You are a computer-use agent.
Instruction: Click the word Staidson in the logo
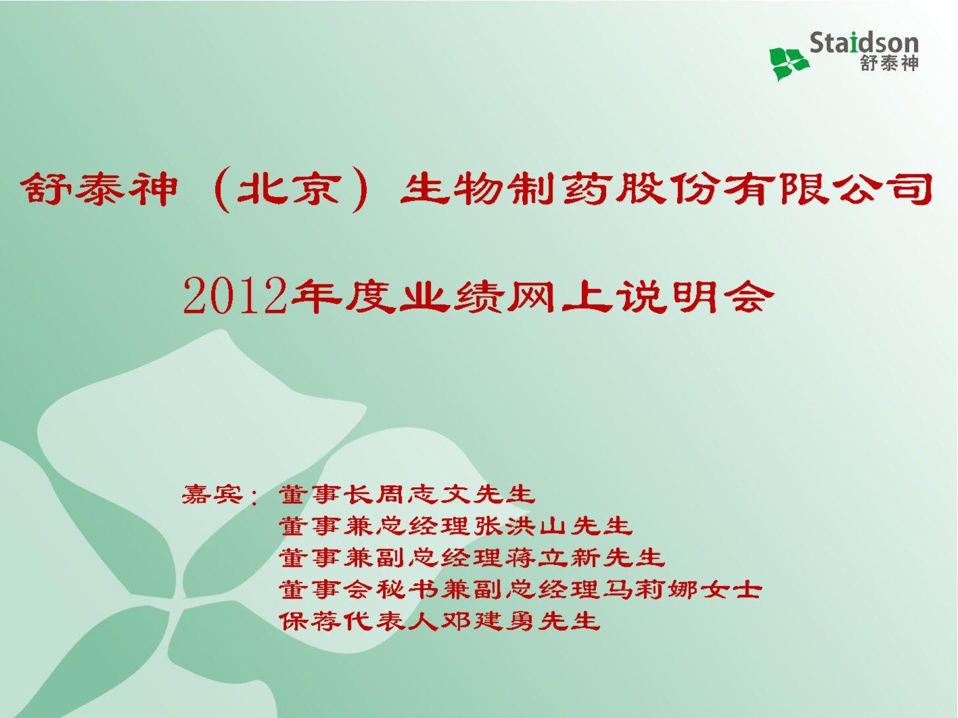pyautogui.click(x=864, y=43)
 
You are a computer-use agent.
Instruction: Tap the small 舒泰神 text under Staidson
pyautogui.click(x=889, y=64)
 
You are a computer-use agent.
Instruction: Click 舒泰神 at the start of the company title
pyautogui.click(x=99, y=190)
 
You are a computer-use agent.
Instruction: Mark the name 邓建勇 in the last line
pyautogui.click(x=489, y=621)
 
